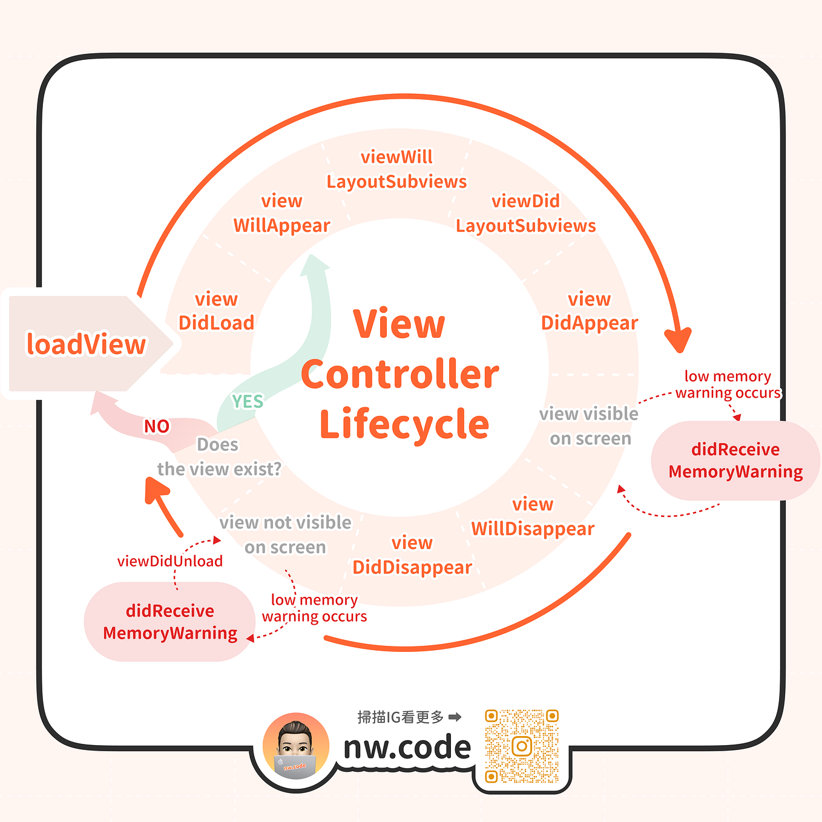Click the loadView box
click(x=86, y=344)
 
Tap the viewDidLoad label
click(x=216, y=311)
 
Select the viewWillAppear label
click(x=281, y=213)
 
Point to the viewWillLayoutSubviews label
click(x=396, y=169)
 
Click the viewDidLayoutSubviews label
click(x=525, y=213)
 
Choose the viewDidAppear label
click(x=589, y=311)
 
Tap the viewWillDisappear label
click(x=533, y=516)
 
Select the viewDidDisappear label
click(x=412, y=555)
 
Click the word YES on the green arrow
click(x=248, y=401)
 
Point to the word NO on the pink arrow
click(x=156, y=426)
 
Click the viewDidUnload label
click(x=170, y=561)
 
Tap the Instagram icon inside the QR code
click(x=522, y=746)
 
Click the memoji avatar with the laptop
click(x=295, y=746)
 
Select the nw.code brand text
click(x=407, y=747)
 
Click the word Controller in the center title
click(x=399, y=374)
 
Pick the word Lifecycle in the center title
click(x=404, y=424)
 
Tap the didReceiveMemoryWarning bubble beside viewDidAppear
click(x=735, y=461)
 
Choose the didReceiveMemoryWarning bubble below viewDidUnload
click(x=170, y=622)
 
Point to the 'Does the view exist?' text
click(x=219, y=457)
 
